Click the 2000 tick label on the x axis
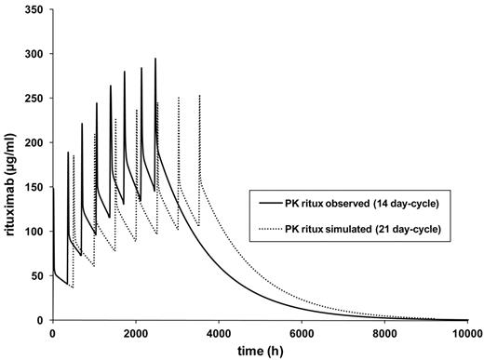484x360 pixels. [138, 333]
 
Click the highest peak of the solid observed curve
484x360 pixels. [155, 59]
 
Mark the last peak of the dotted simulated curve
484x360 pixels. [200, 95]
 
